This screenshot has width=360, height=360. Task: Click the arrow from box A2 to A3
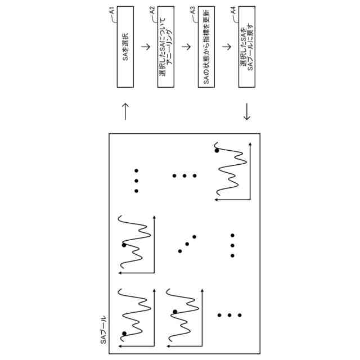186,47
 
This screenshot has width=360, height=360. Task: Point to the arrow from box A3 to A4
227,47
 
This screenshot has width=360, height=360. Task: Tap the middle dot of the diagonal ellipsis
187,243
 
